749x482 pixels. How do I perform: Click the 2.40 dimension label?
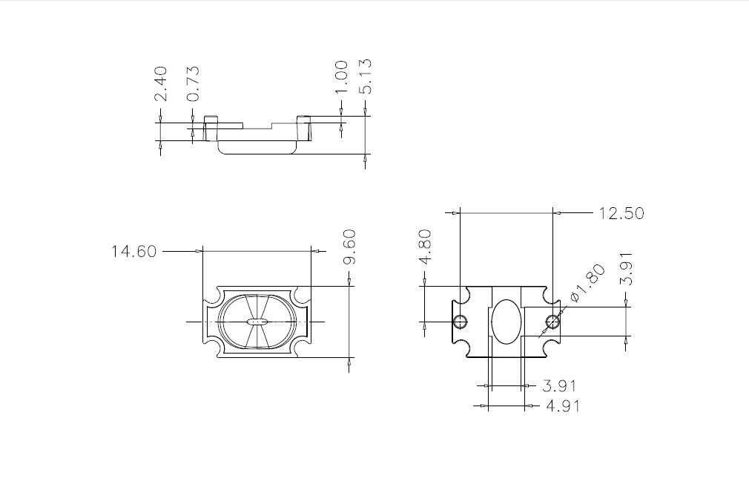(x=161, y=84)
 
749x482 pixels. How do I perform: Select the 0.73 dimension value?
(x=193, y=84)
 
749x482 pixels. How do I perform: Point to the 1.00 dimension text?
(x=341, y=78)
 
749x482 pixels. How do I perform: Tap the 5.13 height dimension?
(x=365, y=76)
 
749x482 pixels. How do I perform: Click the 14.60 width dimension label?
(x=133, y=251)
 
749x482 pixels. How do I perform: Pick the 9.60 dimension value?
(x=350, y=247)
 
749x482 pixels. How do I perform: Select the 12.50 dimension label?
(x=621, y=213)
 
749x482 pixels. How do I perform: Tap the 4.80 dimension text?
(x=425, y=247)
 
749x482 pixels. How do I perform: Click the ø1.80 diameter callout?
(x=588, y=283)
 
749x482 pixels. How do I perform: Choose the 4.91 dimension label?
(x=563, y=406)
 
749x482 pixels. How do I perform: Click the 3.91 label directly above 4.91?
(x=559, y=385)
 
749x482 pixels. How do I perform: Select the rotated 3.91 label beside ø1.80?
(x=626, y=269)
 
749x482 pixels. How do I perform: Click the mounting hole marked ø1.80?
(x=552, y=322)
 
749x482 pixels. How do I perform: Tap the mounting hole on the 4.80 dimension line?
(x=461, y=322)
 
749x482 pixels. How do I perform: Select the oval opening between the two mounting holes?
(x=506, y=322)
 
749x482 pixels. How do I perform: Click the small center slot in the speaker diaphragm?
(x=257, y=322)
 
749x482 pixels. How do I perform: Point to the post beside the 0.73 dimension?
(x=211, y=128)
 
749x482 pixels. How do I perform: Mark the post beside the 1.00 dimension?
(x=304, y=128)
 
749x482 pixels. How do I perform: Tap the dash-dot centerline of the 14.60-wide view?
(x=256, y=322)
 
